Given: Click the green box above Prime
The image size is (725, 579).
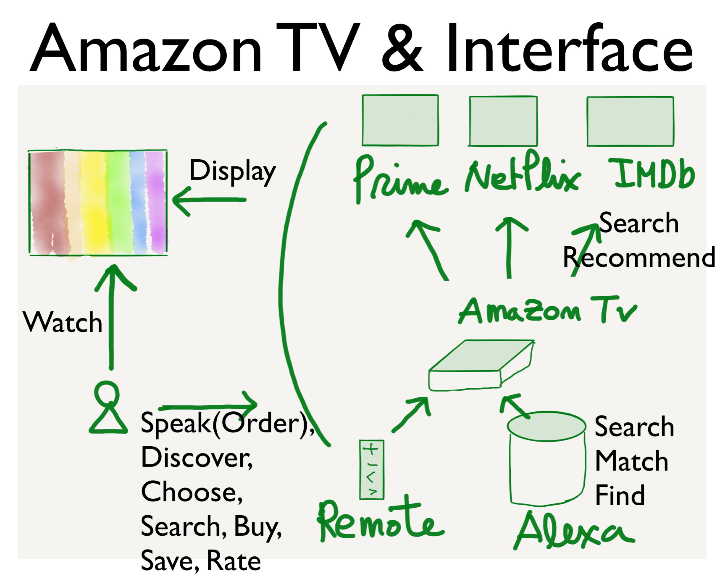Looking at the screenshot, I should tap(400, 120).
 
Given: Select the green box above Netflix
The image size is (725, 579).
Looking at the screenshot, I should tap(503, 121).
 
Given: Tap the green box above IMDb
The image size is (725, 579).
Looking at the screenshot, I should tap(630, 121).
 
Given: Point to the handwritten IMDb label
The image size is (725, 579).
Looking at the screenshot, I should tap(654, 174).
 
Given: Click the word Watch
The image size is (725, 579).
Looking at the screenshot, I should tap(62, 322).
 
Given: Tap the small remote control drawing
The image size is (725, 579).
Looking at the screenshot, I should tap(372, 469).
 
